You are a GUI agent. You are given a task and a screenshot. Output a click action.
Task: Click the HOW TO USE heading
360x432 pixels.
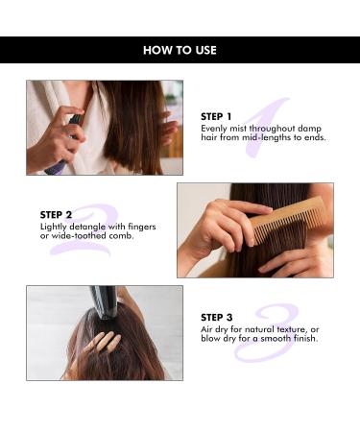tap(180, 50)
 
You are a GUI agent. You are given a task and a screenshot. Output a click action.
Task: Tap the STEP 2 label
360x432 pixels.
tap(57, 215)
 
